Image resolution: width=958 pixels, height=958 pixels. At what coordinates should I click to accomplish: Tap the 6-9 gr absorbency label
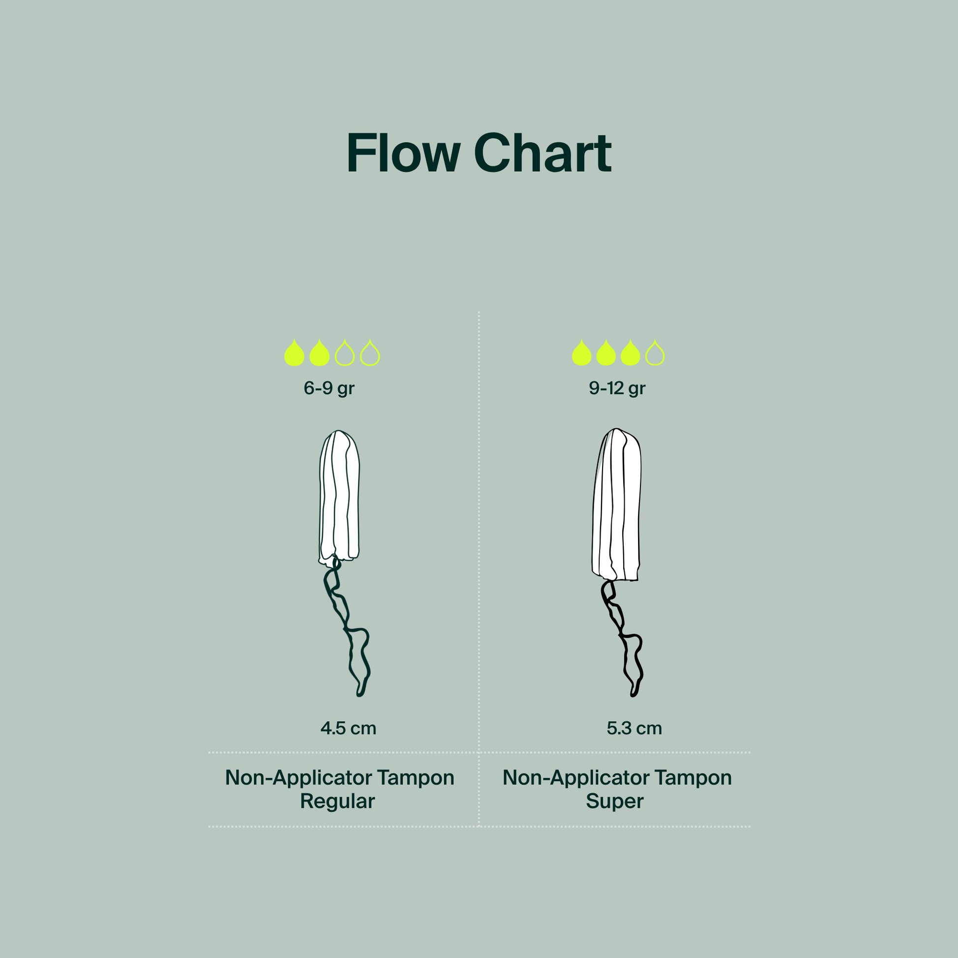pos(329,389)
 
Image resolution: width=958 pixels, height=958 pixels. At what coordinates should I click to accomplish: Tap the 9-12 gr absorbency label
pos(617,389)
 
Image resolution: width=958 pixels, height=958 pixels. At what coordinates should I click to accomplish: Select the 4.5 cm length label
pos(348,729)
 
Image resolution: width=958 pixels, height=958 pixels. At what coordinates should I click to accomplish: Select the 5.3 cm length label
pos(634,729)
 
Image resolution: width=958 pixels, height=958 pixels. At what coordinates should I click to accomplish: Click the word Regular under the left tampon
pos(337,801)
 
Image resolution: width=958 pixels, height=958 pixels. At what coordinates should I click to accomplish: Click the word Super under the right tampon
pos(615,801)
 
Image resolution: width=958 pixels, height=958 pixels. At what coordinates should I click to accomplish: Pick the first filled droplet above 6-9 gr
pos(294,353)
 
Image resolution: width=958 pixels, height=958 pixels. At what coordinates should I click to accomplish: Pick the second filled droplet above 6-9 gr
pos(319,353)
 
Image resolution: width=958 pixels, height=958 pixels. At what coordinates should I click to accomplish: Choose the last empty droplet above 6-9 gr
pos(370,353)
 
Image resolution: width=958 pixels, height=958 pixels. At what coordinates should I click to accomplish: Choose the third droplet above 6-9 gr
pos(345,353)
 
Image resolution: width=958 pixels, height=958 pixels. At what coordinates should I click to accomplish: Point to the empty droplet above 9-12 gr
pos(655,353)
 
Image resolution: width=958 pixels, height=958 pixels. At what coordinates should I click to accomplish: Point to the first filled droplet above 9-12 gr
pos(582,353)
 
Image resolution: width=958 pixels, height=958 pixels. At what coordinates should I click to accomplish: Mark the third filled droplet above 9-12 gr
pos(630,353)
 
